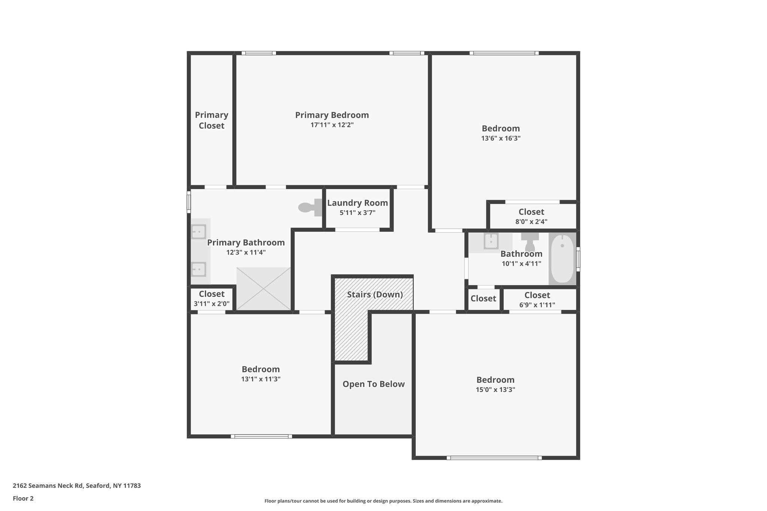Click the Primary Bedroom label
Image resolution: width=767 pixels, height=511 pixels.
point(332,115)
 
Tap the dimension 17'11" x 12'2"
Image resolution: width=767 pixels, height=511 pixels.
point(332,125)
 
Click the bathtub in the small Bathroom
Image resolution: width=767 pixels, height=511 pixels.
point(562,258)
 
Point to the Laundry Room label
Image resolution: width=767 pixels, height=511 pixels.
point(357,203)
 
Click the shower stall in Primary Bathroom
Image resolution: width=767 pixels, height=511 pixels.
point(264,289)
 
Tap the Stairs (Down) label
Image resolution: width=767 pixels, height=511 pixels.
point(375,295)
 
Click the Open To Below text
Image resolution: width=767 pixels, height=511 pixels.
point(373,384)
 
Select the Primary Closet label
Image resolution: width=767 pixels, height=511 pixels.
point(212,120)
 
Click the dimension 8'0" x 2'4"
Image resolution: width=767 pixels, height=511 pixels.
point(531,222)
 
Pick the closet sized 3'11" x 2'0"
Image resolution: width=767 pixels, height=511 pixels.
point(212,299)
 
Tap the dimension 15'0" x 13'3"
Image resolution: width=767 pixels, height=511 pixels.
point(495,390)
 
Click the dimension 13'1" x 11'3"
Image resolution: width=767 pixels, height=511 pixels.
point(261,379)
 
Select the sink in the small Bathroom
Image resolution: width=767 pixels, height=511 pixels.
point(491,241)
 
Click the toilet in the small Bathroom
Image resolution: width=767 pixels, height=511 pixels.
point(530,241)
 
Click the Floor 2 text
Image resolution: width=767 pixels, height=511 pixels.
point(23,499)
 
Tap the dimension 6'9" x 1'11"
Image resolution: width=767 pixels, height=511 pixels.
point(537,305)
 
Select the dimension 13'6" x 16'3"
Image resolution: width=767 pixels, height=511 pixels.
point(501,139)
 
